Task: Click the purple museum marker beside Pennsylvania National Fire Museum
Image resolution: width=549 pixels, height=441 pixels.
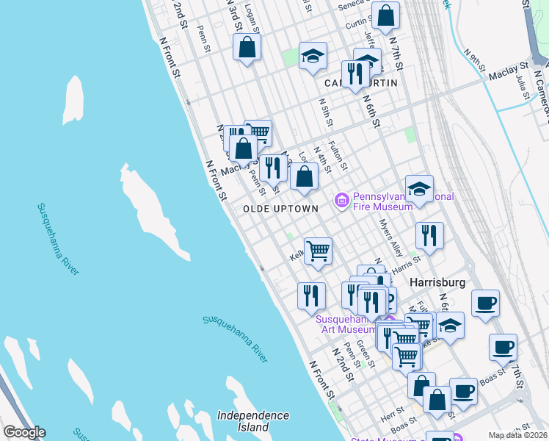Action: point(341,201)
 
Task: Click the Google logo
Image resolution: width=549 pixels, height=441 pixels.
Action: point(24,432)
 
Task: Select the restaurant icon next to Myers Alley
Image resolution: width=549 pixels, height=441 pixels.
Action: point(429,234)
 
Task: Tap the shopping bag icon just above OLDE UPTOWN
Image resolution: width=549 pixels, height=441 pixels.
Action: point(304,176)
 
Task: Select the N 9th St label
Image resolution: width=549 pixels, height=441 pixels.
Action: point(476,60)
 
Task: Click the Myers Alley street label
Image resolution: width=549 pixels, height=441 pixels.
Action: point(391,238)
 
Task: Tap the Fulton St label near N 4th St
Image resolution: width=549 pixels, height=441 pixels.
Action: point(338,155)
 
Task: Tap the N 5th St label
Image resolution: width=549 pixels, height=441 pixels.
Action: point(325,112)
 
